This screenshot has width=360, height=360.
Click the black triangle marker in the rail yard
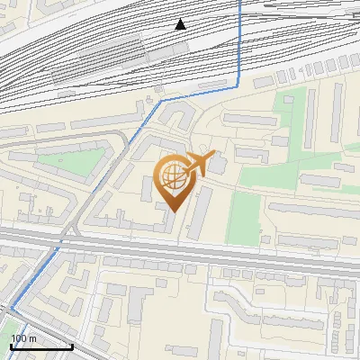pyautogui.click(x=181, y=24)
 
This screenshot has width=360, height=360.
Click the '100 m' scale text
pyautogui.click(x=24, y=338)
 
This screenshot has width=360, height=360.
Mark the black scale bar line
pyautogui.click(x=41, y=346)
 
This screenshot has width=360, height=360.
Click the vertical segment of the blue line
pyautogui.click(x=239, y=40)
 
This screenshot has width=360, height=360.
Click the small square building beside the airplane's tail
pyautogui.click(x=218, y=166)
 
